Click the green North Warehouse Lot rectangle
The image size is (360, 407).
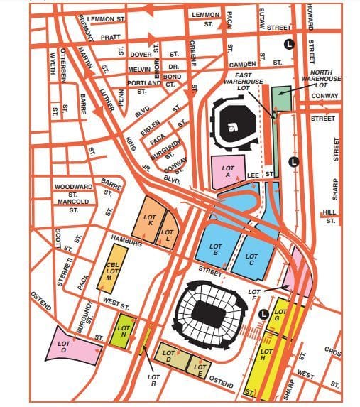click(281, 98)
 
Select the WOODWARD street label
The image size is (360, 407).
click(74, 187)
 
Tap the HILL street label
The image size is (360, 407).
click(328, 212)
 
